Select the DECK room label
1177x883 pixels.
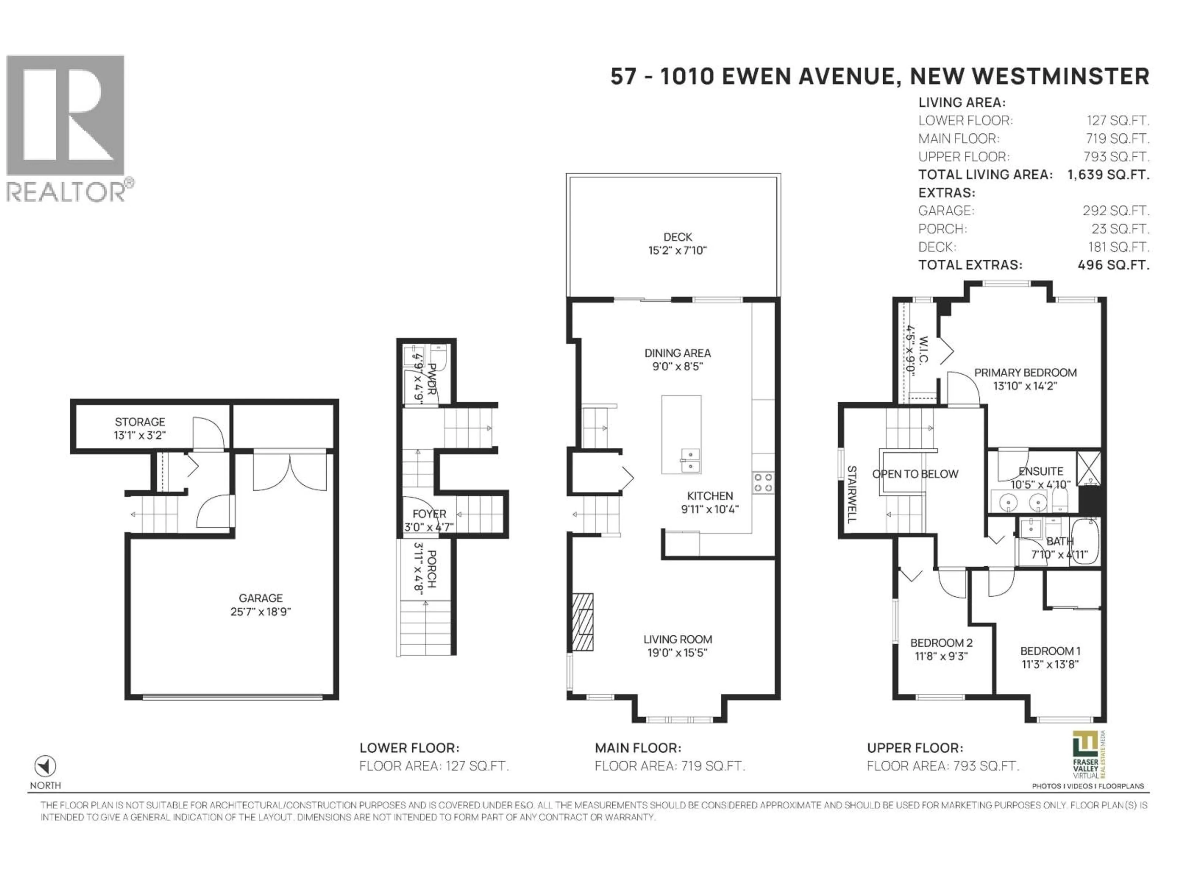677,237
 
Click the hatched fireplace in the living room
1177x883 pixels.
583,622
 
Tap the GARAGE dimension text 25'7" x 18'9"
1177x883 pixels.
260,612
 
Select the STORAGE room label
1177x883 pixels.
140,422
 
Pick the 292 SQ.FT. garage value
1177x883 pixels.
1115,211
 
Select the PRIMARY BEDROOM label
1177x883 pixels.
1025,373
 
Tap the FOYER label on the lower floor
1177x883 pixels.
429,514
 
